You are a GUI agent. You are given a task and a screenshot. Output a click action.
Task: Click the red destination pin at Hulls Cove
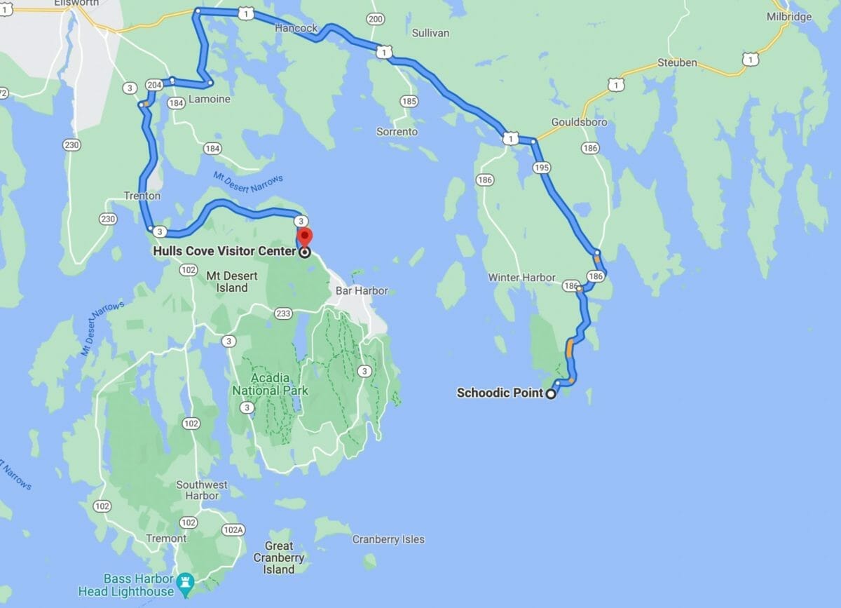tap(306, 236)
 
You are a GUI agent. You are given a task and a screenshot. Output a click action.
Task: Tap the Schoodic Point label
tap(500, 393)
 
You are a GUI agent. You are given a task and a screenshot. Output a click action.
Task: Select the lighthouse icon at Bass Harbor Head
tap(185, 581)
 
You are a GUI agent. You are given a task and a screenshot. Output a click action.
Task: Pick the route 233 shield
tap(263, 314)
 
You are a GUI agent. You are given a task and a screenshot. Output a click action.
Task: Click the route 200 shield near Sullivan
tap(375, 19)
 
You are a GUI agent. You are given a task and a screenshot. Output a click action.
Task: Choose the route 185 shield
tap(409, 102)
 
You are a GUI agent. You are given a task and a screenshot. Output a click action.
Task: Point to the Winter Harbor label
tap(522, 278)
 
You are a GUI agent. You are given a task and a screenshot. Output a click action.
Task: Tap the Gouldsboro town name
tap(579, 122)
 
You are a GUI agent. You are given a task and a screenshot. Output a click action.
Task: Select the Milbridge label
tap(789, 16)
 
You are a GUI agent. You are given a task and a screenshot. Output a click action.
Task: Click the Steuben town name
tap(677, 62)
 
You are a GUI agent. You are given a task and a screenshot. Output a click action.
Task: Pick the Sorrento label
tap(397, 131)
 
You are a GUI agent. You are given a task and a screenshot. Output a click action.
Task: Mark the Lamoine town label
tap(209, 100)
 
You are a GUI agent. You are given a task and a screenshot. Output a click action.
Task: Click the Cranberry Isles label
tap(388, 539)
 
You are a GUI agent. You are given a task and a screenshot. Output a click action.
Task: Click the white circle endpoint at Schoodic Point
tap(551, 394)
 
